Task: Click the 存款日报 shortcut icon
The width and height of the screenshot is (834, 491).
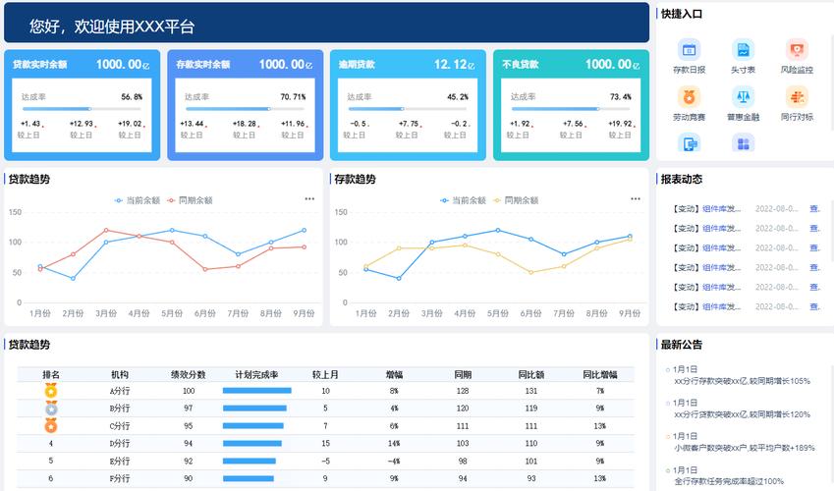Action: point(690,50)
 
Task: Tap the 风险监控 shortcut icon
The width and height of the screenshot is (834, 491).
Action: point(796,50)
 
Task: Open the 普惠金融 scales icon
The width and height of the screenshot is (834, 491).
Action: point(743,97)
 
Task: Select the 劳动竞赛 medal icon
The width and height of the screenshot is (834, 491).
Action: point(690,97)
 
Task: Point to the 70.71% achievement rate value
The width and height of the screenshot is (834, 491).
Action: point(293,97)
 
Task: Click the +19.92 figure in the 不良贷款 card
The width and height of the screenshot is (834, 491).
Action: point(620,124)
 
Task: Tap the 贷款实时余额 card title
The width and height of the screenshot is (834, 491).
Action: point(39,65)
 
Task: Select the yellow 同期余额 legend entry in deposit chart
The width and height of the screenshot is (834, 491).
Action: point(516,200)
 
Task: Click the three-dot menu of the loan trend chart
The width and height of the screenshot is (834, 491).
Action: point(309,199)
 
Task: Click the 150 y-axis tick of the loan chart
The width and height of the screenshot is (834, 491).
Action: point(15,212)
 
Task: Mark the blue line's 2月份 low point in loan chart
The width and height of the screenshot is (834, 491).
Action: point(73,279)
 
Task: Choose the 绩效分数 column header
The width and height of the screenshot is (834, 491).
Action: point(189,375)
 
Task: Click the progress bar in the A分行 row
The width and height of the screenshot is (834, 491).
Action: point(256,391)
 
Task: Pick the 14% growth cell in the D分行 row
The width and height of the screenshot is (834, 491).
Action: point(393,444)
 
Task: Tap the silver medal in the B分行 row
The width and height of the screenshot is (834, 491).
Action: point(51,408)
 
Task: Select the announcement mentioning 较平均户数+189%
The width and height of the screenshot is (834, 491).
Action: point(744,448)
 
